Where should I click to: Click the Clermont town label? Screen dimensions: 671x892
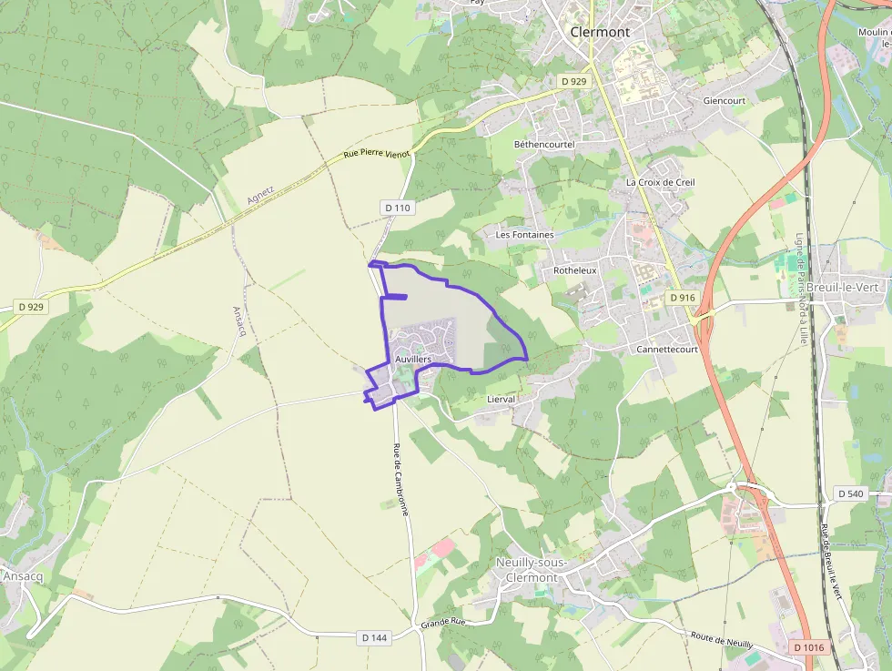[599, 32]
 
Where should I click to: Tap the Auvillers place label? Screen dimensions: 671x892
[413, 360]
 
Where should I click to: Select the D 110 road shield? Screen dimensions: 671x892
[398, 208]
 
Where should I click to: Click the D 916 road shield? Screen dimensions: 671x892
[682, 298]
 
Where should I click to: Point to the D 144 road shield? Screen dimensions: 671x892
[373, 637]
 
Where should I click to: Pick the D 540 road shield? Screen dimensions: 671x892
[848, 493]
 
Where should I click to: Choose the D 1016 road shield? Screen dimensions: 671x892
[808, 647]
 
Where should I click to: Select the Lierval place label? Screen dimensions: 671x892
[501, 399]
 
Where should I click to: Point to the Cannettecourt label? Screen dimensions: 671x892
[666, 349]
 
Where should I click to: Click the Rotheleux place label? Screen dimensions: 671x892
[574, 270]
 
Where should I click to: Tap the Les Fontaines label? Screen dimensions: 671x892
[524, 235]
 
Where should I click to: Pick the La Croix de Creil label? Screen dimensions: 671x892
[660, 182]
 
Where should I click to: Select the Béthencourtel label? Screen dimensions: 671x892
[544, 145]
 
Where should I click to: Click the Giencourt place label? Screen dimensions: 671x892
[724, 101]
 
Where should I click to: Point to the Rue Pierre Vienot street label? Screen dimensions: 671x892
[377, 154]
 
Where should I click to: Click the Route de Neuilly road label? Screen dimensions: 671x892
[722, 639]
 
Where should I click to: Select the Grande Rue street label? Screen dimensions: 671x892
[443, 624]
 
